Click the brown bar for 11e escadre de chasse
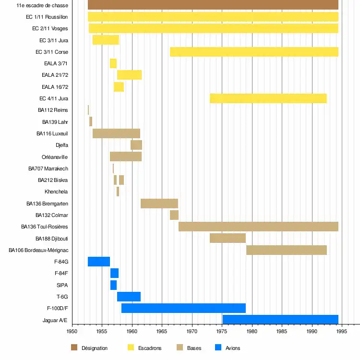coord(213,5)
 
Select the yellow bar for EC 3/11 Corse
coord(254,52)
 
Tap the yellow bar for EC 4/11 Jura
coord(268,98)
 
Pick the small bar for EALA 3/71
coord(113,63)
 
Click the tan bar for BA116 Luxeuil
coord(116,133)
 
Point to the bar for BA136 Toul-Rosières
coord(258,227)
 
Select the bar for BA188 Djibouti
coord(228,238)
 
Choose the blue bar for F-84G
coord(99,262)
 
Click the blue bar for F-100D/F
coord(183,308)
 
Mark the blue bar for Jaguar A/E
coord(280,320)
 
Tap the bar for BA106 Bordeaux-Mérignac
coord(287,250)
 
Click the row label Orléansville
coord(55,157)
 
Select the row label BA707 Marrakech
coord(48,168)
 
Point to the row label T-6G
coord(62,297)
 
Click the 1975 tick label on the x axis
coord(222,331)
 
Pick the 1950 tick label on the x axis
coord(72,331)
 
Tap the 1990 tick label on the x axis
coord(312,331)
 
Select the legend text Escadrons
coord(150,348)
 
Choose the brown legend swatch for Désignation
coord(74,348)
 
